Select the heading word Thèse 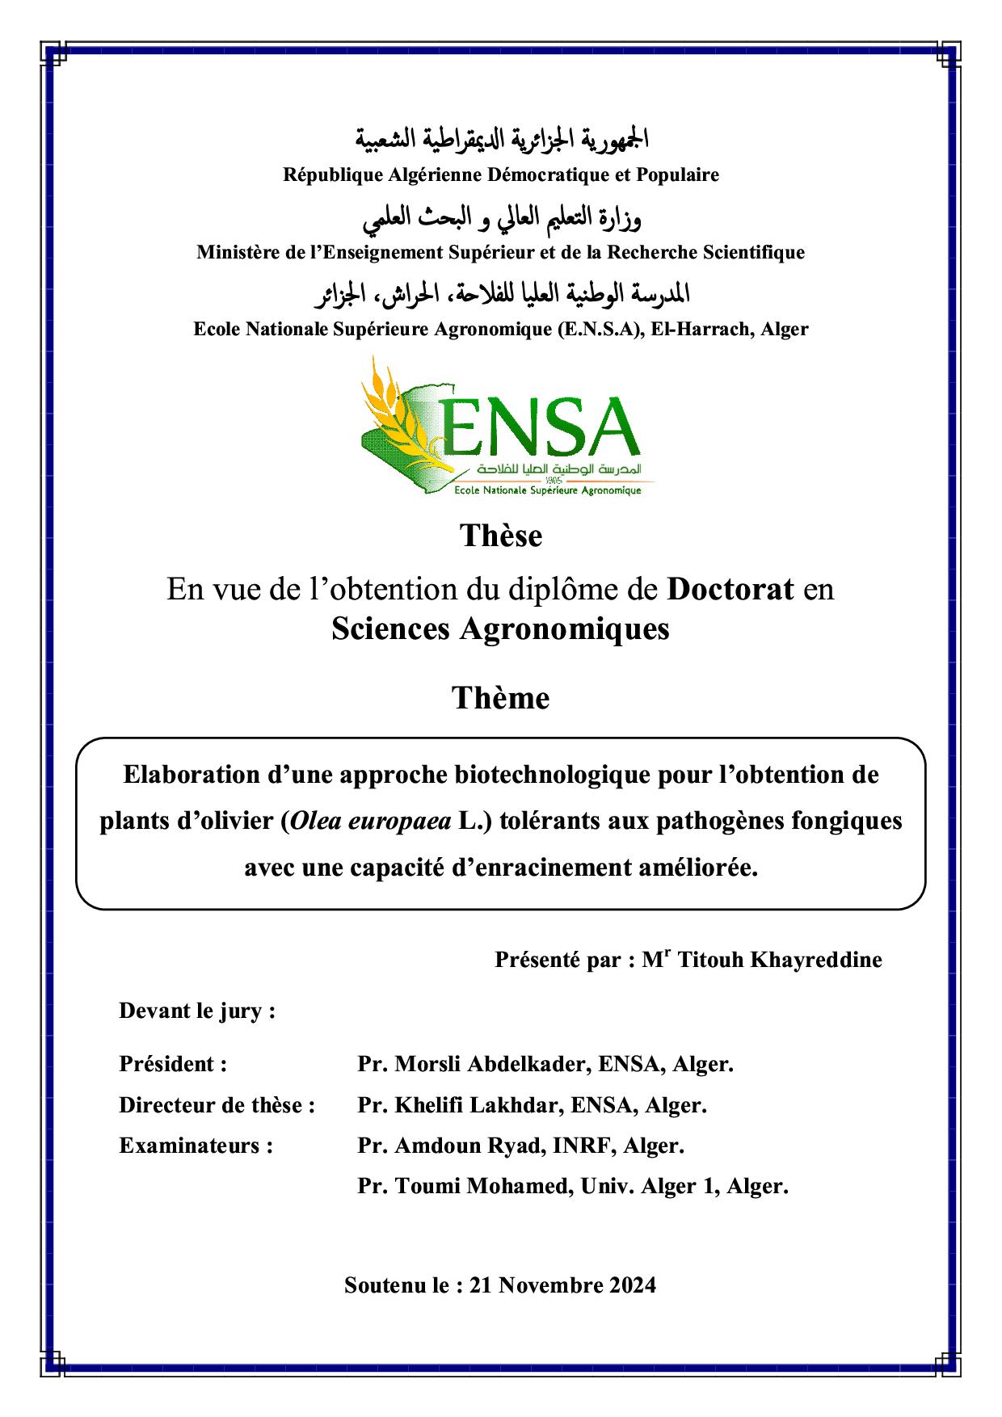[x=501, y=536]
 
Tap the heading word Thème [x=501, y=698]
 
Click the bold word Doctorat [x=730, y=590]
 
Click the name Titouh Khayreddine [x=779, y=960]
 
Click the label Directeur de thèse [x=217, y=1104]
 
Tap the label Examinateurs [x=196, y=1146]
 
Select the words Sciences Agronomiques [x=500, y=629]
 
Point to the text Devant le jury [x=197, y=1011]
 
